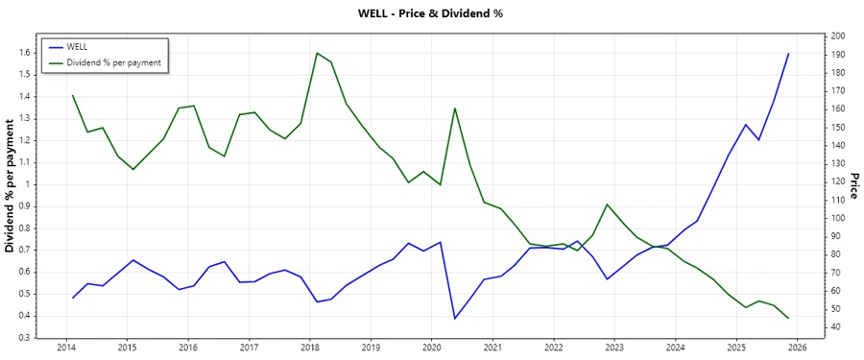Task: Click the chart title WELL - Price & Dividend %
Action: [x=430, y=13]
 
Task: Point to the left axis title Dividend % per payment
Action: [x=11, y=186]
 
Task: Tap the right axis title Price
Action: [x=852, y=186]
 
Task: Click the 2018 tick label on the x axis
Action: [x=309, y=348]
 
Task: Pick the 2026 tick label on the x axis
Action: [x=797, y=348]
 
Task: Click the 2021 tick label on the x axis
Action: [x=492, y=348]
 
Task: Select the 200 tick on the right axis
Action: [x=838, y=36]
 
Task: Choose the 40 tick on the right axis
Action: [x=835, y=327]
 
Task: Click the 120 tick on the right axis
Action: [x=838, y=182]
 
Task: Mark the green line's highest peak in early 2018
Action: [x=317, y=53]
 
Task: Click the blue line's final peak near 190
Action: [x=788, y=54]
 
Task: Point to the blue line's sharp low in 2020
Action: [x=455, y=318]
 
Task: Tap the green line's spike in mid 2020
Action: [x=455, y=108]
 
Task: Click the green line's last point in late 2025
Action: [x=788, y=318]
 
